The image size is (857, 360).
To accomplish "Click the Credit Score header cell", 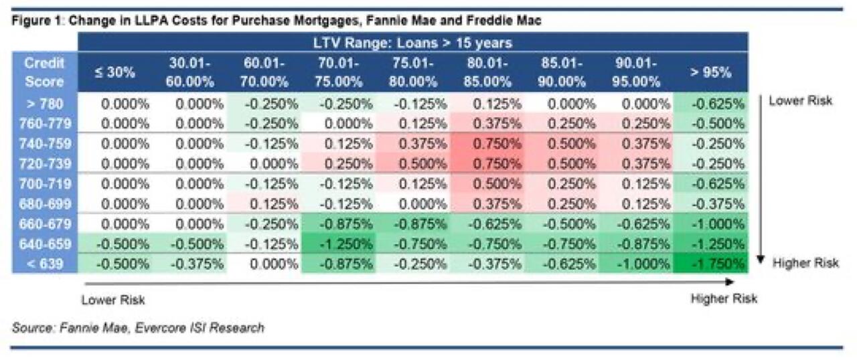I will click(44, 72).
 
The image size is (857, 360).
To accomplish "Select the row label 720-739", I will click(44, 165).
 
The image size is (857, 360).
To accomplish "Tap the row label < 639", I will click(44, 264).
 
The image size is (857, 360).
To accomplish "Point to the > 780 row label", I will click(44, 104).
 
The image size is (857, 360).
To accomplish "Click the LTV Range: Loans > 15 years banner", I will click(412, 43).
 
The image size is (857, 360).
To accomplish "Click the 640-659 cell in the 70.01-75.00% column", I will click(338, 244).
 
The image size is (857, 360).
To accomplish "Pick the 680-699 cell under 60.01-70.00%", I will click(264, 204).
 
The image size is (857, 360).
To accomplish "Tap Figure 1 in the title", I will click(34, 21).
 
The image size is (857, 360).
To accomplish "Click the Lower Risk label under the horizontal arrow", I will click(113, 300).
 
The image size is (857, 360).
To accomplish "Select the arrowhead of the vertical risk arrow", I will click(761, 260).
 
